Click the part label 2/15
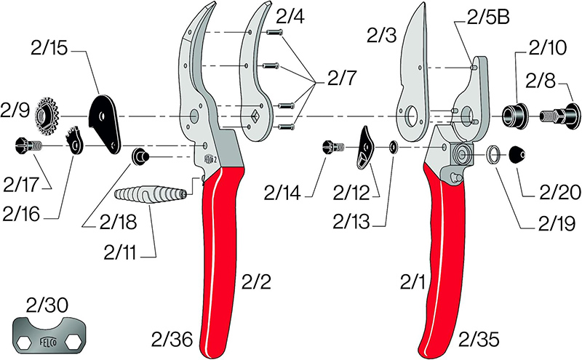click(49, 49)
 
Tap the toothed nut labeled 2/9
click(47, 116)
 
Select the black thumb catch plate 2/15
click(105, 124)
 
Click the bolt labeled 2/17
click(29, 145)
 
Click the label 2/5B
click(488, 17)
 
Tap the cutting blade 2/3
click(414, 74)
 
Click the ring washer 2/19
click(493, 154)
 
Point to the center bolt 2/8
click(559, 116)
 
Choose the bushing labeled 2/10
click(515, 114)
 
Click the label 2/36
click(172, 339)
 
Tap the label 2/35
click(479, 339)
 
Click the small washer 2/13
click(393, 148)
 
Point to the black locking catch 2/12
click(366, 148)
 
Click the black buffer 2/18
click(140, 157)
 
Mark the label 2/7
click(341, 78)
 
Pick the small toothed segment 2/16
click(76, 141)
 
